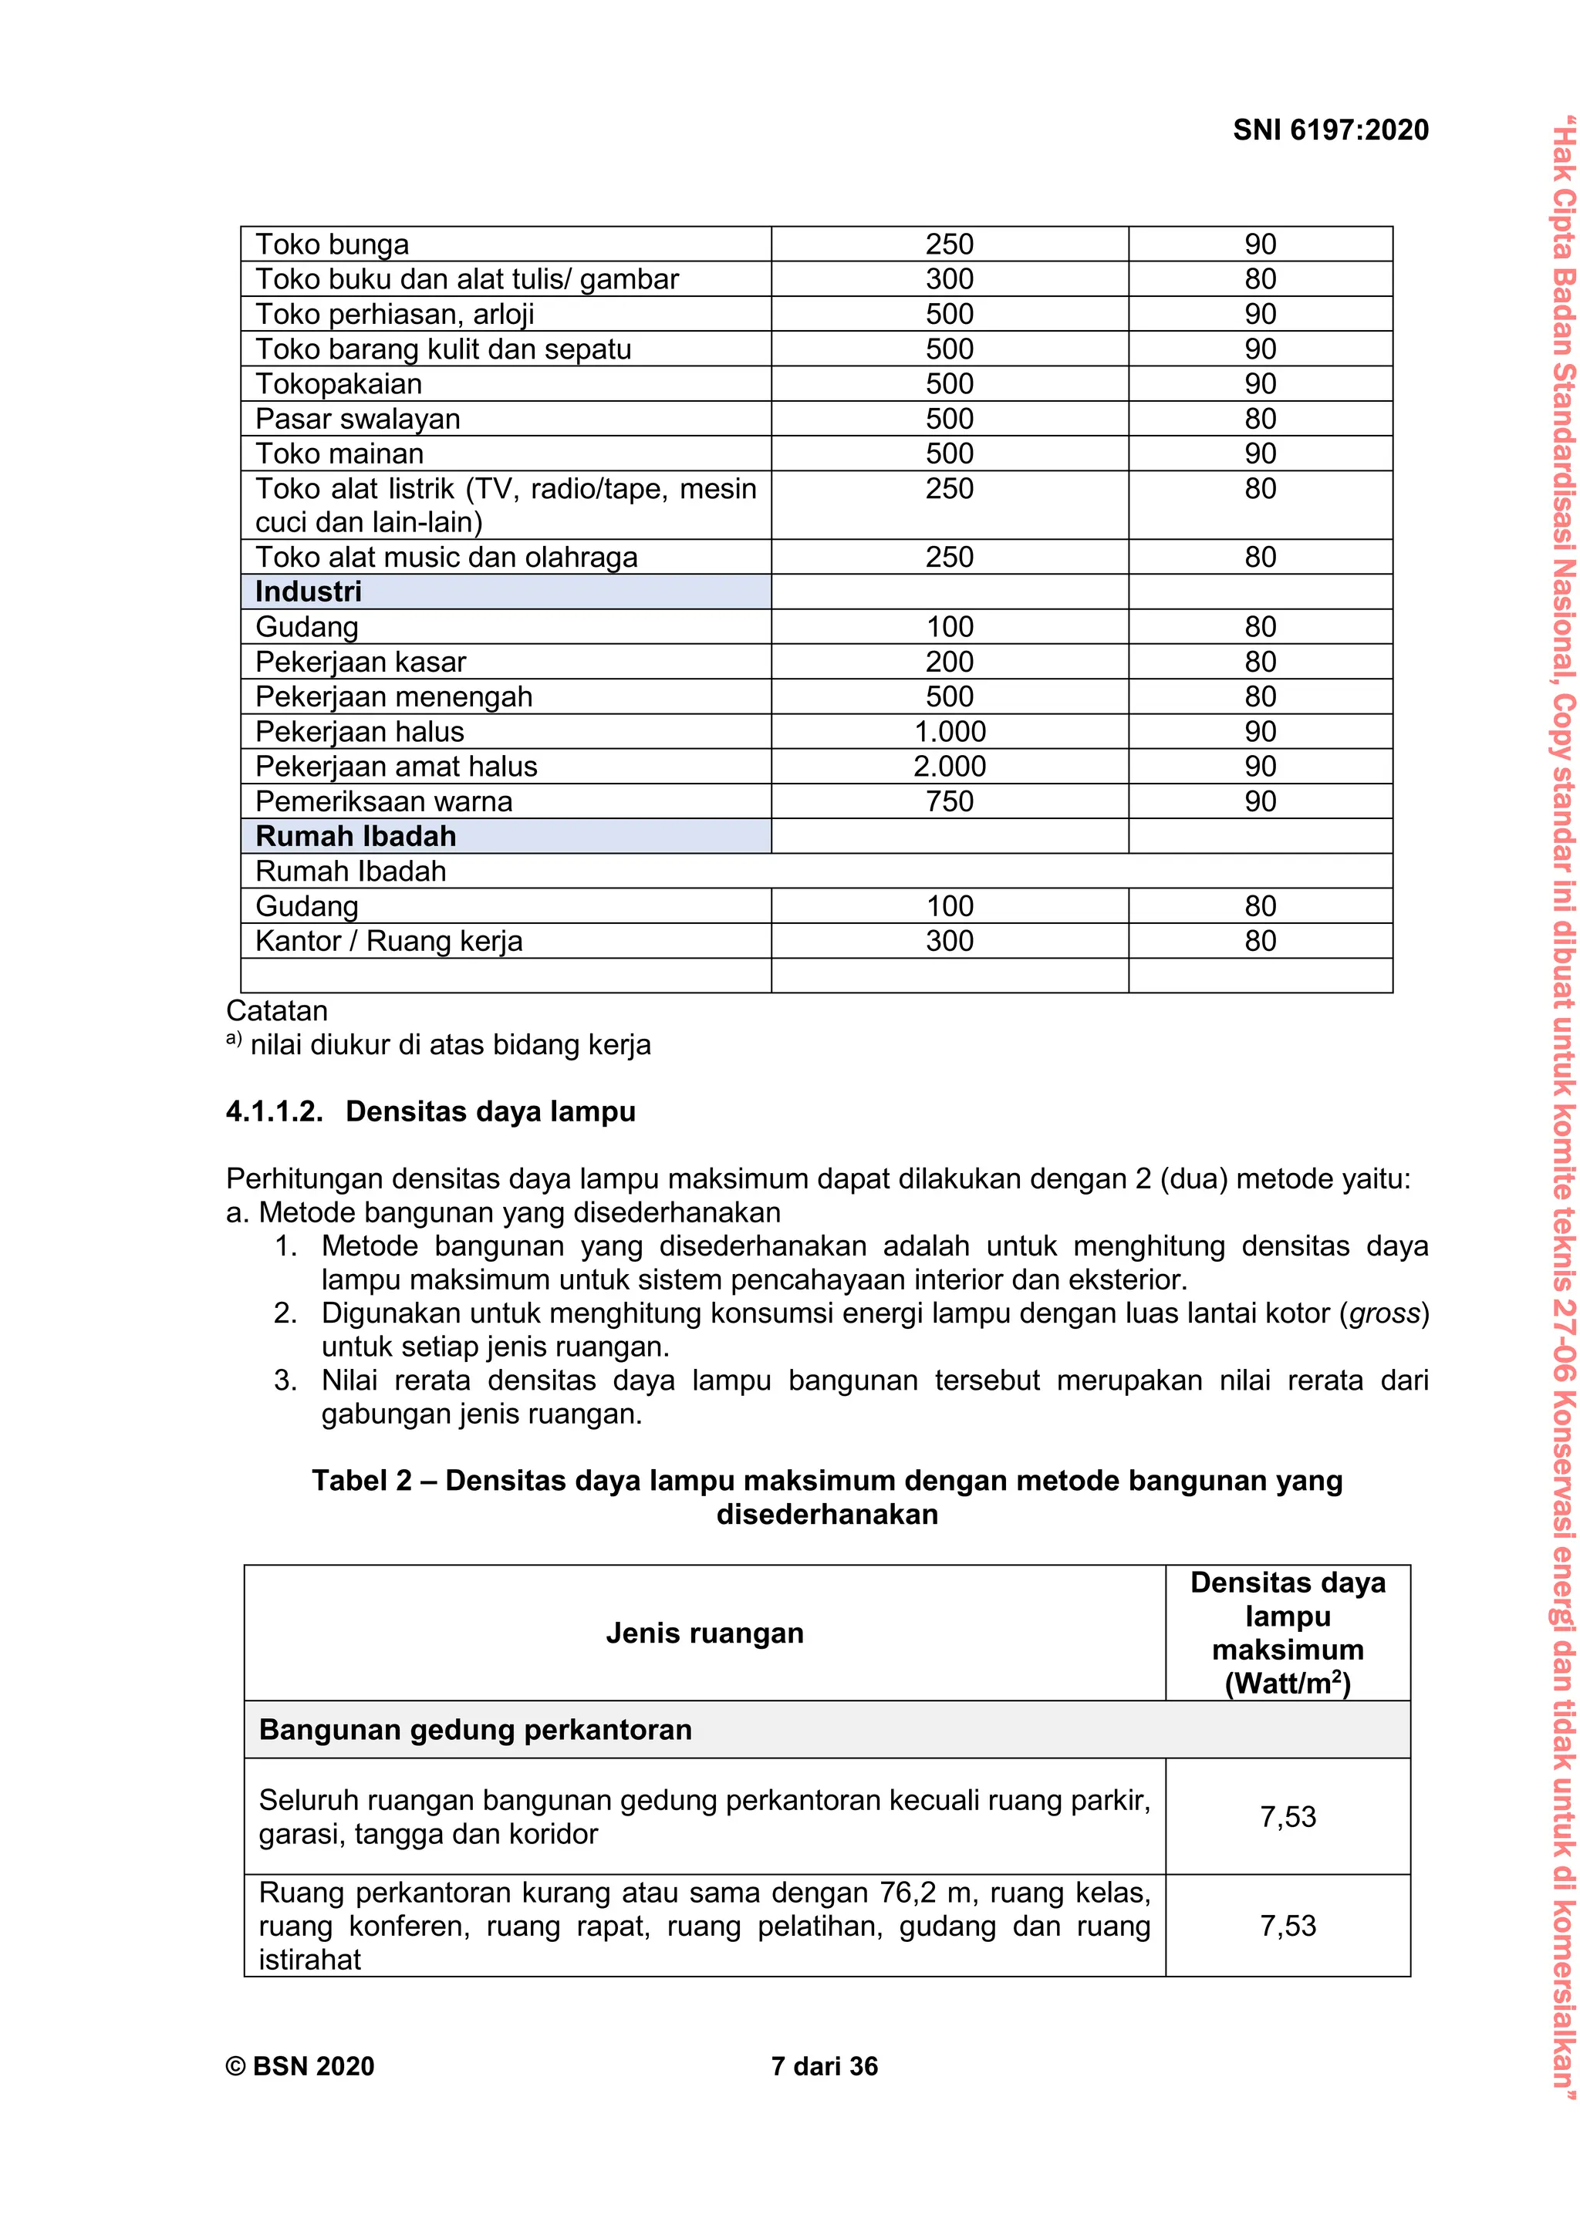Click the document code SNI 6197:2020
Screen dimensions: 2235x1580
[x=1330, y=130]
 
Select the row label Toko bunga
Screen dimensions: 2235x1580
[x=332, y=244]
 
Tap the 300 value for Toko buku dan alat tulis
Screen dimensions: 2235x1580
[x=949, y=279]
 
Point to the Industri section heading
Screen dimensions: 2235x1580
[x=309, y=592]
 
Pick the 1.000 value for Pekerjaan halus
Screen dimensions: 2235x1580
[x=949, y=732]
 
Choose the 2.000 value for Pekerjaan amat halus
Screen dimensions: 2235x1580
[x=949, y=767]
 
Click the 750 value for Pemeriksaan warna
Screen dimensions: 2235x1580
[x=949, y=802]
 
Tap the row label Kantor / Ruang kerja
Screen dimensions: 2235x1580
[x=388, y=942]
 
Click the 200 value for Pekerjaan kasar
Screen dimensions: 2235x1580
[x=949, y=662]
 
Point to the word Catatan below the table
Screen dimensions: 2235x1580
[x=276, y=1010]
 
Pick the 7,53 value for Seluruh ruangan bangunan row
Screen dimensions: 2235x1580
[x=1287, y=1816]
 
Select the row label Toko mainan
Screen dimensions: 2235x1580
[x=339, y=453]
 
